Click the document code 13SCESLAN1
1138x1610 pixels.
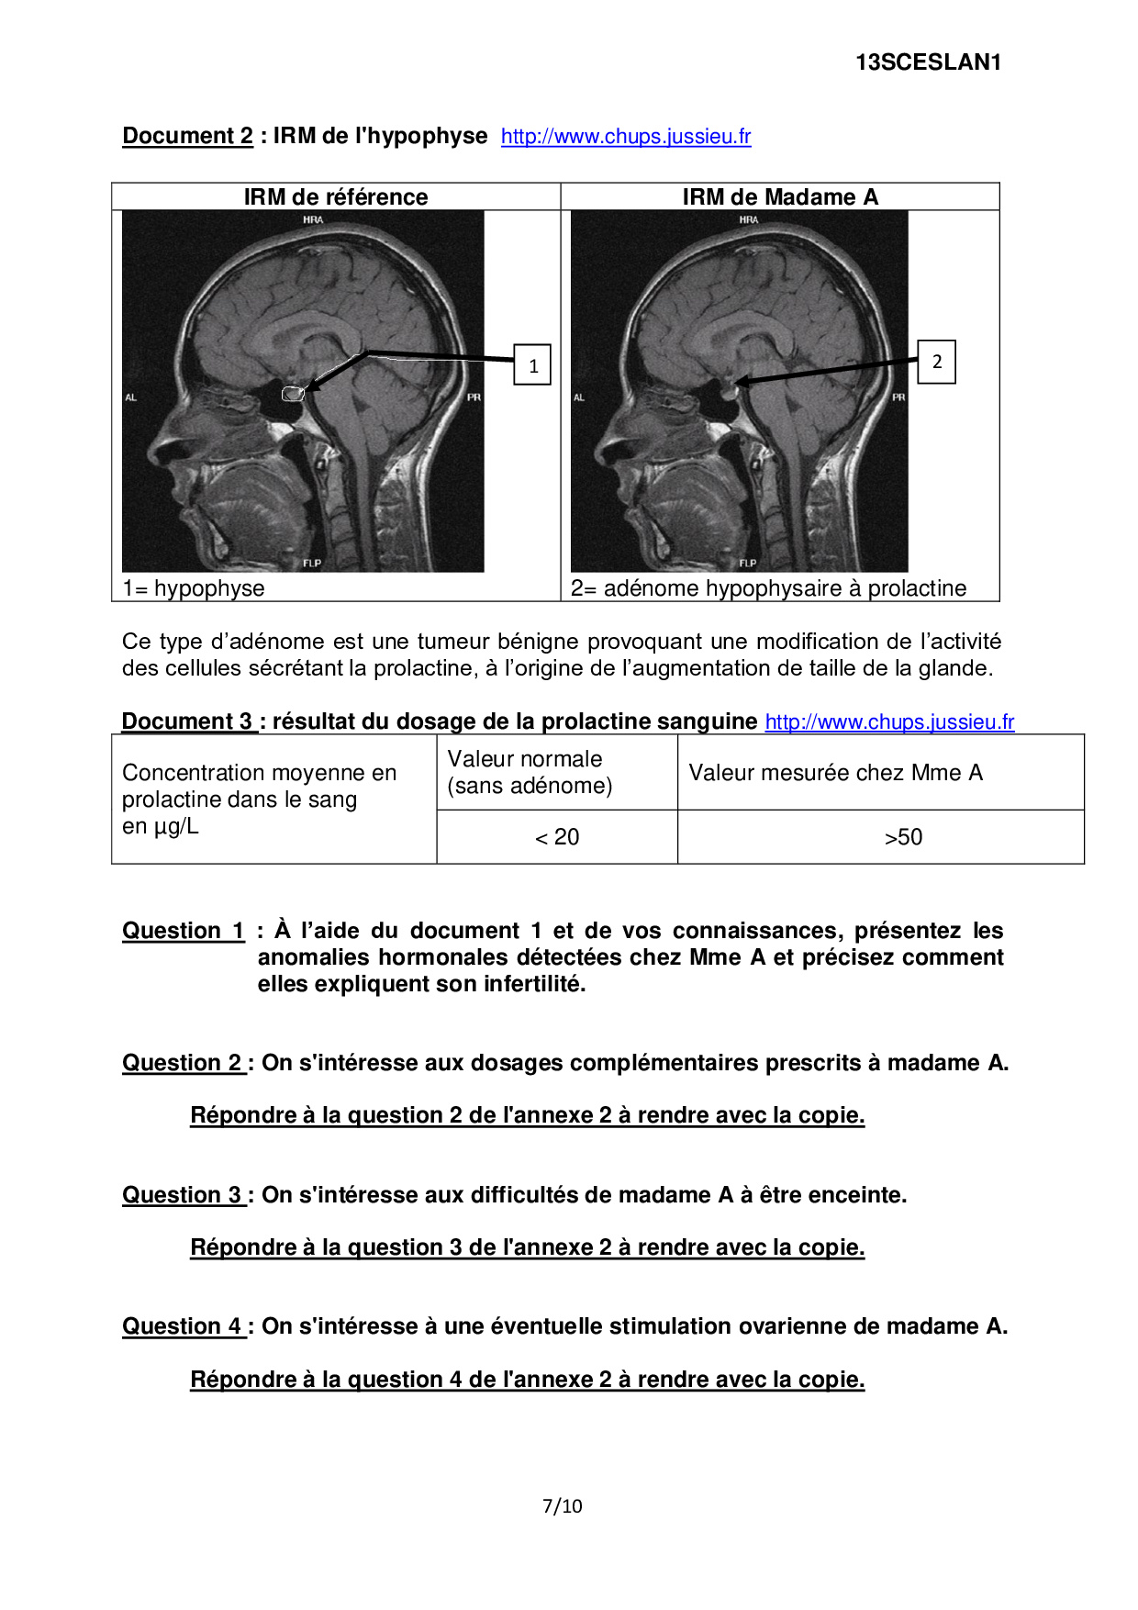tap(928, 62)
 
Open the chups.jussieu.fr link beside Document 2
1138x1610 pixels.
tap(626, 137)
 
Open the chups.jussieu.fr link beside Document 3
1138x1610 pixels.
tap(889, 722)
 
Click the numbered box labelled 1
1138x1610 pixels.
tap(532, 365)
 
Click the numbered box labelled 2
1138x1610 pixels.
tap(936, 362)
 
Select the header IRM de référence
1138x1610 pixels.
tap(336, 197)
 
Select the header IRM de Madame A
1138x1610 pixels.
tap(780, 197)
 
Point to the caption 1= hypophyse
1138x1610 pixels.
tap(194, 588)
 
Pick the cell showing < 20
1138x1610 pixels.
tap(557, 837)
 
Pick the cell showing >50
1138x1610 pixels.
tap(903, 837)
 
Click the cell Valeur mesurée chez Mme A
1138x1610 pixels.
tap(835, 773)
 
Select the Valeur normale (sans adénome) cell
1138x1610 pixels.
tap(530, 772)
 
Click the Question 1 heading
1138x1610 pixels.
tap(184, 931)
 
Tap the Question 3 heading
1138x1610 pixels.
tap(184, 1195)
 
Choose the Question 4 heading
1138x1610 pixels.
tap(184, 1326)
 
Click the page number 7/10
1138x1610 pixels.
tap(563, 1505)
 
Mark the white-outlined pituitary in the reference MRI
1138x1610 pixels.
tap(293, 394)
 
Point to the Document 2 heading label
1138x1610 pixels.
tap(188, 136)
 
